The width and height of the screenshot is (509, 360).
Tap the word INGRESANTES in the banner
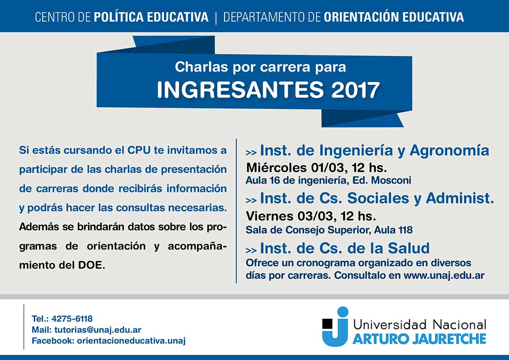pyautogui.click(x=240, y=90)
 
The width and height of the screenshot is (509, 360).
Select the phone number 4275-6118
pyautogui.click(x=72, y=319)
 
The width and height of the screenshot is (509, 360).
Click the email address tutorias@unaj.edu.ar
pyautogui.click(x=97, y=330)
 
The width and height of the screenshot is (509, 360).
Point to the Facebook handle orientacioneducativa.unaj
pyautogui.click(x=132, y=341)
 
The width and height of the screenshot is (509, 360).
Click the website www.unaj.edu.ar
pyautogui.click(x=444, y=275)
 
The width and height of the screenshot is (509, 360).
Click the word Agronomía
pyautogui.click(x=449, y=150)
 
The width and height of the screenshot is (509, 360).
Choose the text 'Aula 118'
pyautogui.click(x=393, y=230)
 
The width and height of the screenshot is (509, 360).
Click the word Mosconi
pyautogui.click(x=391, y=180)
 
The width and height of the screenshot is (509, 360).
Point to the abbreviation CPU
pyautogui.click(x=139, y=150)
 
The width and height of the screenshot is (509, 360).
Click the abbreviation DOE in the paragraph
pyautogui.click(x=90, y=265)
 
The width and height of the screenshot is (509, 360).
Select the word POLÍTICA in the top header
pyautogui.click(x=119, y=17)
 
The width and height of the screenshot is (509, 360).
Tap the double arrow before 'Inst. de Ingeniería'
pyautogui.click(x=251, y=152)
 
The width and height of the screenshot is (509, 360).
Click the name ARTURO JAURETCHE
pyautogui.click(x=419, y=339)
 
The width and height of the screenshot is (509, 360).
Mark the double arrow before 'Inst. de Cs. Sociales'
pyautogui.click(x=251, y=201)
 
